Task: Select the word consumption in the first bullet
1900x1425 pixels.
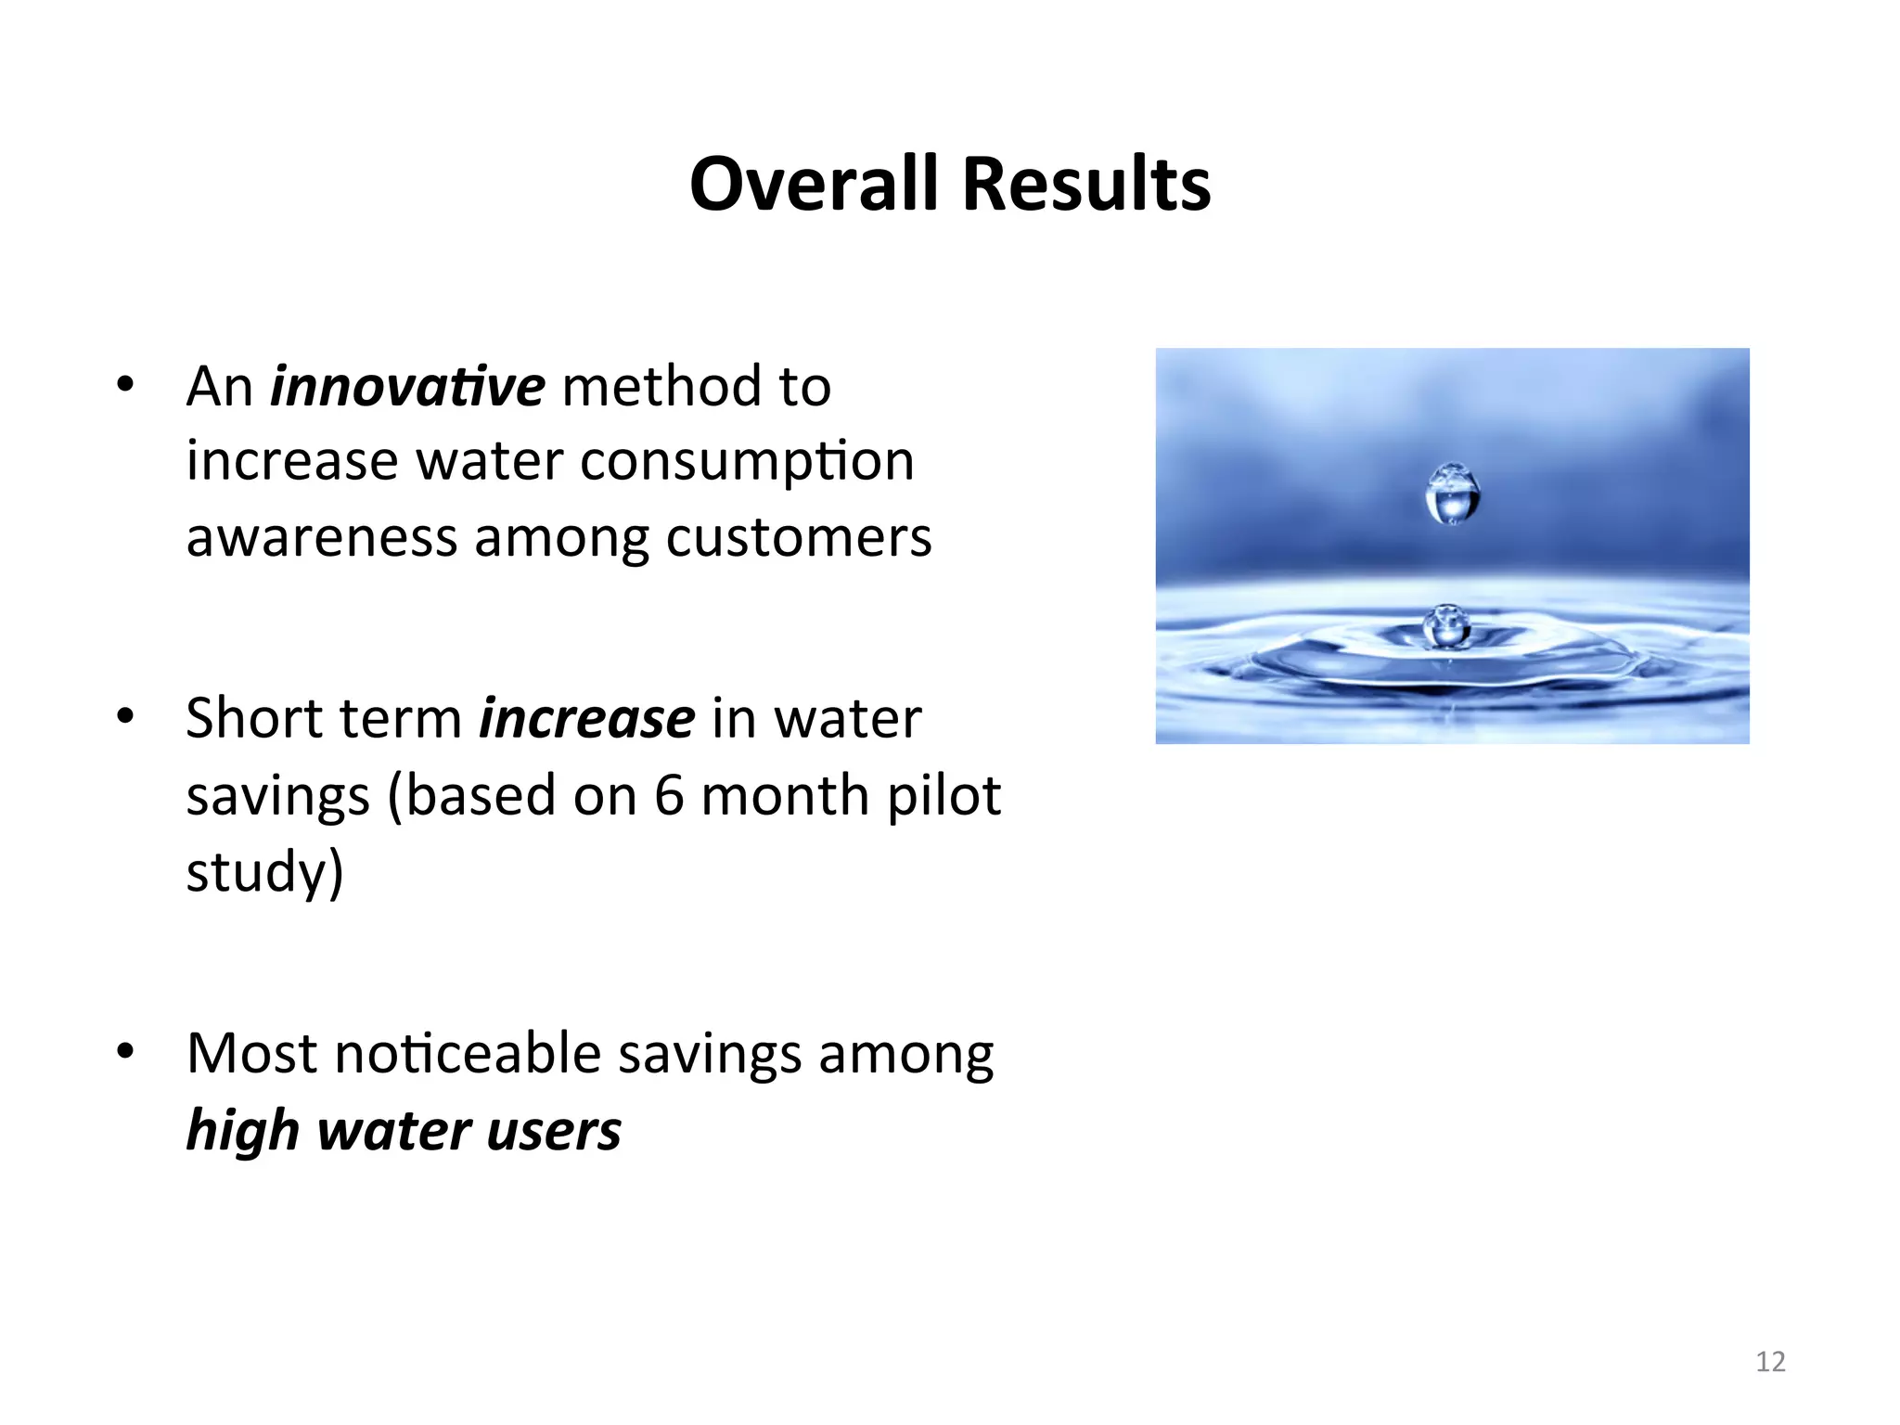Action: [747, 461]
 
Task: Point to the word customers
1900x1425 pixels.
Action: [798, 537]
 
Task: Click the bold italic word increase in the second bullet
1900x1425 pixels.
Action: [586, 718]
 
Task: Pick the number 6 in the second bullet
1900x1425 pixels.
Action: [669, 795]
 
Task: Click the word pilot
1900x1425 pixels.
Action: [944, 795]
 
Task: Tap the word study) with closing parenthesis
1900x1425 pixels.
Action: [264, 872]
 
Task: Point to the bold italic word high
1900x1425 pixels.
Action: [242, 1131]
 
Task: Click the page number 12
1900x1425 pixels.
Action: [1770, 1361]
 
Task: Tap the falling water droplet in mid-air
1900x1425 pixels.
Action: [1452, 494]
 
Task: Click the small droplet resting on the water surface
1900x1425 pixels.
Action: [1446, 625]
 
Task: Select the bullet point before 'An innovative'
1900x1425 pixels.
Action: [125, 384]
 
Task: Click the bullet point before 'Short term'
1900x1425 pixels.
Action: [125, 716]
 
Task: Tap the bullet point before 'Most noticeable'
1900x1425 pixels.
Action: [125, 1052]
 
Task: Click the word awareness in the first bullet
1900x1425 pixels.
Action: [322, 537]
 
